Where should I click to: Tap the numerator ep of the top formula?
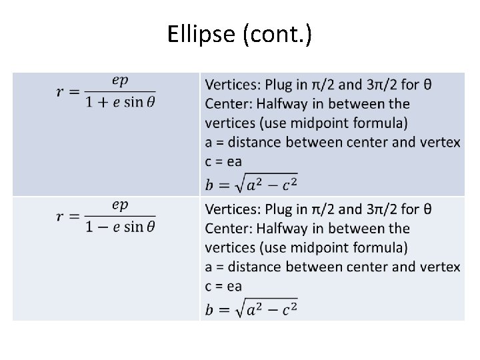(x=120, y=80)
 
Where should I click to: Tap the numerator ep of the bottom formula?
(x=120, y=205)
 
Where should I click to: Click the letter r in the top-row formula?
(x=61, y=91)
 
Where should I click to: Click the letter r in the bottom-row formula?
(x=61, y=216)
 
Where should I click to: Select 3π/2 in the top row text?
(x=383, y=85)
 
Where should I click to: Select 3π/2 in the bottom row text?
(x=383, y=209)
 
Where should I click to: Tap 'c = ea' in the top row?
(x=223, y=161)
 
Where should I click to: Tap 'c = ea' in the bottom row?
(x=223, y=286)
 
